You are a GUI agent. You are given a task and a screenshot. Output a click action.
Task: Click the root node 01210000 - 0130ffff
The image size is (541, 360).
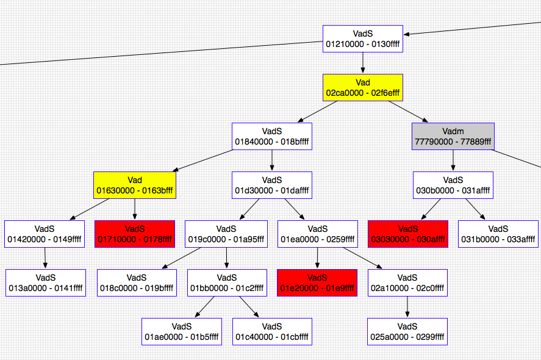click(362, 38)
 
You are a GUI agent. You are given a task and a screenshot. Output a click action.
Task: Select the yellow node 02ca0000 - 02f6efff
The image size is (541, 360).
click(362, 87)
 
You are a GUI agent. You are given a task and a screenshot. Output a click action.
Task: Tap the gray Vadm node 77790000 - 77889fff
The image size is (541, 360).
click(453, 136)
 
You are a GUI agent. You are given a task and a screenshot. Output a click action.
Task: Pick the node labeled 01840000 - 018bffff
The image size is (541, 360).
click(271, 136)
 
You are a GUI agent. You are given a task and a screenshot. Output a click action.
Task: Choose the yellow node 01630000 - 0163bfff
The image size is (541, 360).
click(134, 185)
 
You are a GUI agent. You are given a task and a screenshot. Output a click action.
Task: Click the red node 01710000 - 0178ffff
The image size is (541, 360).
click(134, 234)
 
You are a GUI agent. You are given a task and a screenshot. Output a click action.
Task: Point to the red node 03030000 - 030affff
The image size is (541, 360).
click(407, 234)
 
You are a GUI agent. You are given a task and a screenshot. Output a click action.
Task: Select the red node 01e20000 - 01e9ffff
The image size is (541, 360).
click(317, 283)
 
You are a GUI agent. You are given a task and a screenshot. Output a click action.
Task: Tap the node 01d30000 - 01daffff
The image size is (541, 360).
click(271, 185)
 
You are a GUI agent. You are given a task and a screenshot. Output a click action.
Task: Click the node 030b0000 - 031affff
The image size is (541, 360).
click(453, 185)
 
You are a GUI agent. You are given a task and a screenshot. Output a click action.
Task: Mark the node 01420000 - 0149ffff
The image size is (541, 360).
click(44, 234)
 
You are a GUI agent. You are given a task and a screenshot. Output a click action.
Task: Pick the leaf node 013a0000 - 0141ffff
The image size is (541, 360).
click(45, 283)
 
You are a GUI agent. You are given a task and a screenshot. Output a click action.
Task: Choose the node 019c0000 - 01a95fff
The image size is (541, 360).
click(226, 234)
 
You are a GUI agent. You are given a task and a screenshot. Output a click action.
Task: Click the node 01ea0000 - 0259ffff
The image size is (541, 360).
click(317, 234)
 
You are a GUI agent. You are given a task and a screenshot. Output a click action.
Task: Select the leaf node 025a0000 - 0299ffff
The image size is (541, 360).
click(407, 331)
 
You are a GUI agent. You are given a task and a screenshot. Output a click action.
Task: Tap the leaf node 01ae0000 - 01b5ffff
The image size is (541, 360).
click(181, 331)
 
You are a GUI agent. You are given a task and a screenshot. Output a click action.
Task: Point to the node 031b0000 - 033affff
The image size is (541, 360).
click(498, 234)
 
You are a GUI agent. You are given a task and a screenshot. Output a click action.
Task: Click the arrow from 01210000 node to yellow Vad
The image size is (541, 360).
click(362, 63)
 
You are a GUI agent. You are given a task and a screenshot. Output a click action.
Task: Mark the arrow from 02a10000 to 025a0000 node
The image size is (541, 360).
click(407, 307)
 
